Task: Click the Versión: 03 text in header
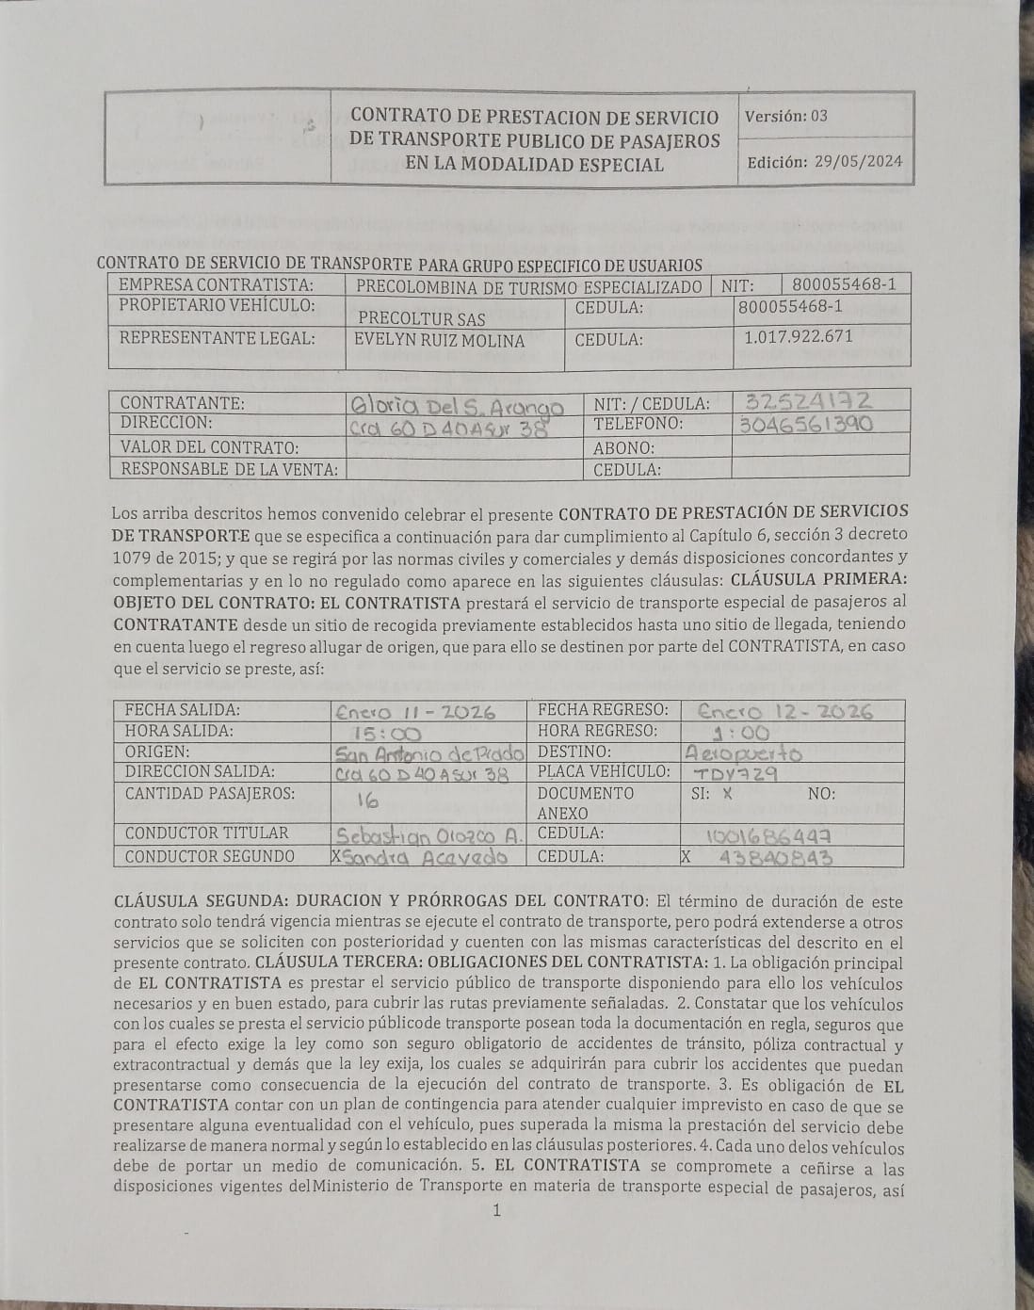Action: (x=786, y=117)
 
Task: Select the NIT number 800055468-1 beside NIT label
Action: (x=844, y=284)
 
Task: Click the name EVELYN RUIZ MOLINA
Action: (x=439, y=341)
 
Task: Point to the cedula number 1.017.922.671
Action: (x=797, y=336)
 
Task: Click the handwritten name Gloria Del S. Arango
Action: (x=457, y=406)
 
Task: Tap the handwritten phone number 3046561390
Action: (x=806, y=424)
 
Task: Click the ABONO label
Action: (x=623, y=448)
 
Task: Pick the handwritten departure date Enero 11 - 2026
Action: (x=415, y=713)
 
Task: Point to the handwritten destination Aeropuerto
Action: (x=745, y=753)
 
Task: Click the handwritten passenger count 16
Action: (x=365, y=801)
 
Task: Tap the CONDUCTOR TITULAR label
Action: (x=206, y=833)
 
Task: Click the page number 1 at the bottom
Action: (x=496, y=1210)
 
